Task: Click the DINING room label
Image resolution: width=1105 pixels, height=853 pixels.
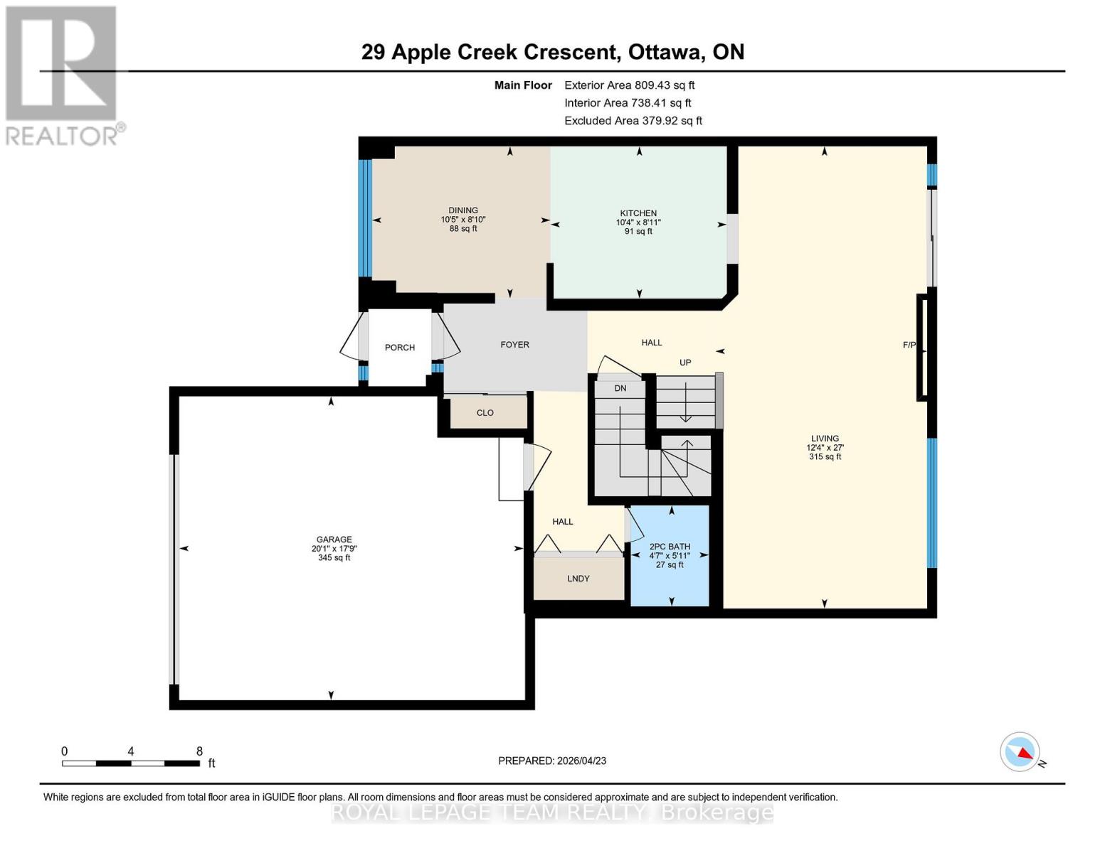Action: (x=462, y=210)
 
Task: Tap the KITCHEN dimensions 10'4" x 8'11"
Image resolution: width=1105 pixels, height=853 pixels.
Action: (x=638, y=222)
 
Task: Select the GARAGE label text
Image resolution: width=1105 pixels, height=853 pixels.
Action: (x=334, y=540)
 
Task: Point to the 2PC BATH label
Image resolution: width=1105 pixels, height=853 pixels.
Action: (x=670, y=547)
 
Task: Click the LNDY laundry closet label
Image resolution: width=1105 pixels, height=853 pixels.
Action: (x=578, y=579)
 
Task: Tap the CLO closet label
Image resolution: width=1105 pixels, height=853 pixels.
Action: (x=485, y=413)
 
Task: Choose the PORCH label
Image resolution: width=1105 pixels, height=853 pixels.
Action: (x=399, y=348)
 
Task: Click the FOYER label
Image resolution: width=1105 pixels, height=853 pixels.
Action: (x=514, y=345)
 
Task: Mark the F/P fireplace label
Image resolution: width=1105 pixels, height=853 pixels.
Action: (x=909, y=345)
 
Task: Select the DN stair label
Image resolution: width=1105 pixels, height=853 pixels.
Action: (x=620, y=388)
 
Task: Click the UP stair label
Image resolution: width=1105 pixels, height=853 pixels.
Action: (x=684, y=363)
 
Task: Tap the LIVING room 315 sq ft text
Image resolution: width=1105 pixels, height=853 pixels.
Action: (x=825, y=457)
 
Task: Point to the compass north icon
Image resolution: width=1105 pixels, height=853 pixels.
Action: (x=1020, y=751)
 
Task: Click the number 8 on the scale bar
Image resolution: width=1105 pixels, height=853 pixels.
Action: (x=199, y=751)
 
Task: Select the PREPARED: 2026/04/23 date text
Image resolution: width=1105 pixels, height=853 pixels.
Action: (x=551, y=761)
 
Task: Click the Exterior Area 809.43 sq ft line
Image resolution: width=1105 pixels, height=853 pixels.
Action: (x=629, y=85)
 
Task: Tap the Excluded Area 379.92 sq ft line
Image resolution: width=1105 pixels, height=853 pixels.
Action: (x=633, y=121)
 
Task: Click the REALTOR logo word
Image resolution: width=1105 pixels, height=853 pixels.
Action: (x=63, y=136)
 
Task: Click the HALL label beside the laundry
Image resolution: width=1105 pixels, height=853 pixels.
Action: (x=562, y=522)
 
